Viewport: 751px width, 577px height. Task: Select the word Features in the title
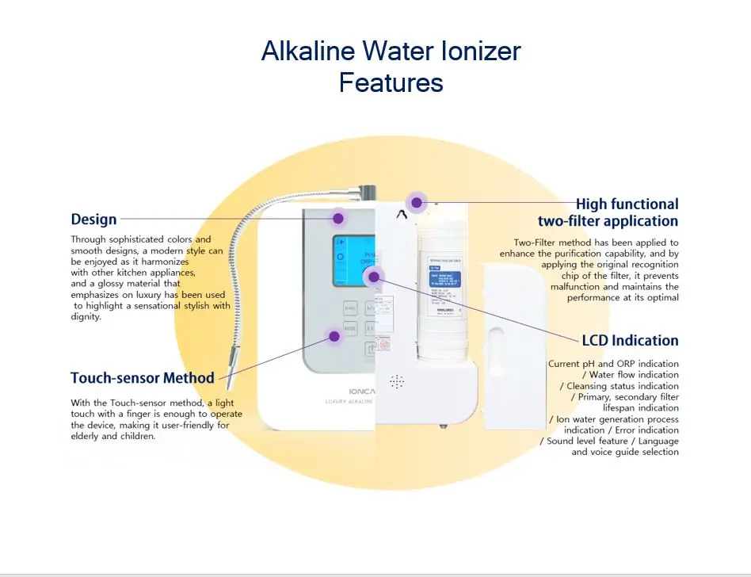391,82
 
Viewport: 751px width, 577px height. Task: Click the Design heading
93,220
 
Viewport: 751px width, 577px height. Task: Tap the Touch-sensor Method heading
143,377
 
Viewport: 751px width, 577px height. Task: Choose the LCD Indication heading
630,340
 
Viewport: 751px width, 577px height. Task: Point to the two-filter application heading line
608,221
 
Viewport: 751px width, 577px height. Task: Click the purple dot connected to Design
338,217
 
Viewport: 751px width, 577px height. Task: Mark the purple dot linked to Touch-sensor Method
334,336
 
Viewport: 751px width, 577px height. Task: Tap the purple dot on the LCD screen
375,276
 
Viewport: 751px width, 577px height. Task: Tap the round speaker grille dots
397,381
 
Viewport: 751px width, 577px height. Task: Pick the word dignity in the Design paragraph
86,317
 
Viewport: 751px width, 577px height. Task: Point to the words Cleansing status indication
623,386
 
